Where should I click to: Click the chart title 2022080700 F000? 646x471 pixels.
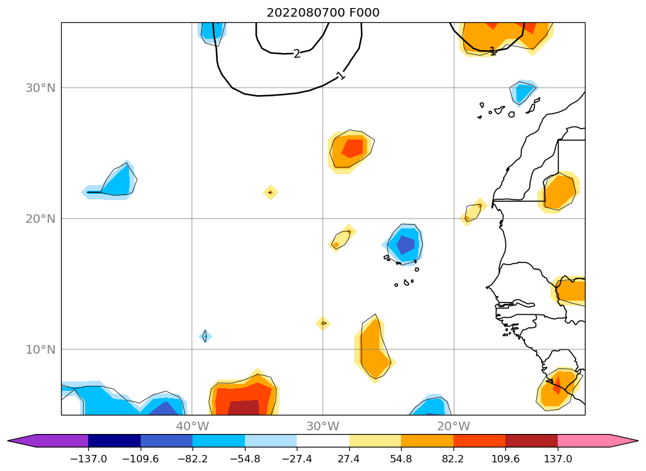[323, 13]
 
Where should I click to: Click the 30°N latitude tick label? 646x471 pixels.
[40, 88]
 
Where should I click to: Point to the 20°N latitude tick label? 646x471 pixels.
[40, 219]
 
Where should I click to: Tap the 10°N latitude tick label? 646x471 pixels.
[40, 349]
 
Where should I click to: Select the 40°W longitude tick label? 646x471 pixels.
[192, 426]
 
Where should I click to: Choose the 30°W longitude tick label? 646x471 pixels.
[323, 426]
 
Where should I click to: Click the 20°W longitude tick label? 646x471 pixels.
[453, 426]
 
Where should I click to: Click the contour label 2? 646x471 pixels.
[297, 54]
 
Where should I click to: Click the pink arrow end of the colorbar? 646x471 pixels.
[623, 441]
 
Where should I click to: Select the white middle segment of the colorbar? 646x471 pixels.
[323, 441]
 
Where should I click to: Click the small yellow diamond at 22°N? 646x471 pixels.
[270, 193]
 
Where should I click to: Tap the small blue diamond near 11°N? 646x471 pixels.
[205, 336]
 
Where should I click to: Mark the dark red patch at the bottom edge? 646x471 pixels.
[247, 407]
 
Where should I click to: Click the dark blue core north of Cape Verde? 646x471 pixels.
[405, 245]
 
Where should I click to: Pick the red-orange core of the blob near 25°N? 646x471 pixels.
[352, 148]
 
